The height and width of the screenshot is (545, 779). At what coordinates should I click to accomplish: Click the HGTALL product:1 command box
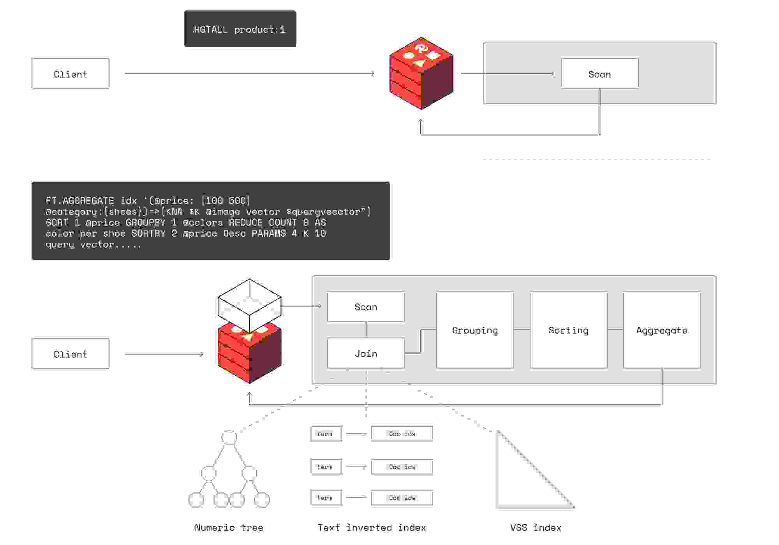click(240, 29)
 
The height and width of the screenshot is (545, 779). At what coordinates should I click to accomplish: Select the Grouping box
click(475, 330)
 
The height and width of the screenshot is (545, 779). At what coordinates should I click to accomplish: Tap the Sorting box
click(568, 330)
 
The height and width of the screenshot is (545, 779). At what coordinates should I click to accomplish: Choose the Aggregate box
click(662, 330)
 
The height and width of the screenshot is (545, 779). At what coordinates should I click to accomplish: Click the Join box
click(366, 353)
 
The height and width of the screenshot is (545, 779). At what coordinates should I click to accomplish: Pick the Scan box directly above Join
click(366, 307)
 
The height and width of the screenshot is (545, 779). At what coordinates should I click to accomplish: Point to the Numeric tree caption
click(229, 528)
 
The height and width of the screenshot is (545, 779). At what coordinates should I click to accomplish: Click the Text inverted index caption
click(372, 528)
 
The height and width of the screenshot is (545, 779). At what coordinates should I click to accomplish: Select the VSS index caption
click(536, 528)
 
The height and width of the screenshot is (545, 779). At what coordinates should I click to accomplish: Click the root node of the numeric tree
click(229, 437)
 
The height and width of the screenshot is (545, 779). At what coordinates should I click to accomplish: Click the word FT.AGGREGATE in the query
click(80, 201)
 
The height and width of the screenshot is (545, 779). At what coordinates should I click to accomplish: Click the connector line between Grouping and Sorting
click(522, 330)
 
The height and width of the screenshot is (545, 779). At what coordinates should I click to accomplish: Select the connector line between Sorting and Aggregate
click(615, 330)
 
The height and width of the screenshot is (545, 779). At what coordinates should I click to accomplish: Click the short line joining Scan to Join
click(366, 330)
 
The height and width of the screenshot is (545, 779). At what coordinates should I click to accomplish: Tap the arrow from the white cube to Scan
click(301, 306)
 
